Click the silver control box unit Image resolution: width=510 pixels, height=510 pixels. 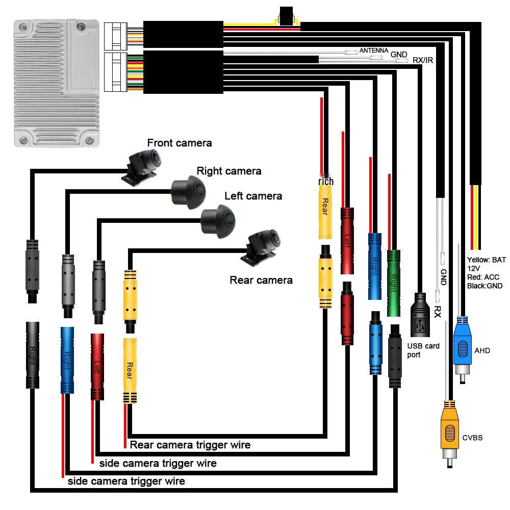pyautogui.click(x=56, y=84)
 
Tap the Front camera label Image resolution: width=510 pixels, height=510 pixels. pyautogui.click(x=179, y=143)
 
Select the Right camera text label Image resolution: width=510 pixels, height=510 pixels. pyautogui.click(x=229, y=171)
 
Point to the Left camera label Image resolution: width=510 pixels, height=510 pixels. pyautogui.click(x=253, y=196)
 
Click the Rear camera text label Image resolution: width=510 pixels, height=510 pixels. pyautogui.click(x=261, y=280)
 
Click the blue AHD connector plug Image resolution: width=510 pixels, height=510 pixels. pyautogui.click(x=462, y=347)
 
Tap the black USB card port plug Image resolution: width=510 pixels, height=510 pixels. pyautogui.click(x=421, y=316)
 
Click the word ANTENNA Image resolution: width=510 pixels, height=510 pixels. pyautogui.click(x=374, y=50)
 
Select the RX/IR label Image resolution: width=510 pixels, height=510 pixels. pyautogui.click(x=423, y=60)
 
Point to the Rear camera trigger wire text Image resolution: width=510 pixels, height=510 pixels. pyautogui.click(x=190, y=445)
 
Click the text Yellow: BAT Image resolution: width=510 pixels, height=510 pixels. pyautogui.click(x=487, y=260)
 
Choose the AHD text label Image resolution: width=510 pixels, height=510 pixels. pyautogui.click(x=482, y=350)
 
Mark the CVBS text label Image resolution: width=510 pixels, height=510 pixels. pyautogui.click(x=472, y=438)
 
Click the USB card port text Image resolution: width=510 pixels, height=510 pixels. pyautogui.click(x=423, y=350)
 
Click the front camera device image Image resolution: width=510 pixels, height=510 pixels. pyautogui.click(x=142, y=166)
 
